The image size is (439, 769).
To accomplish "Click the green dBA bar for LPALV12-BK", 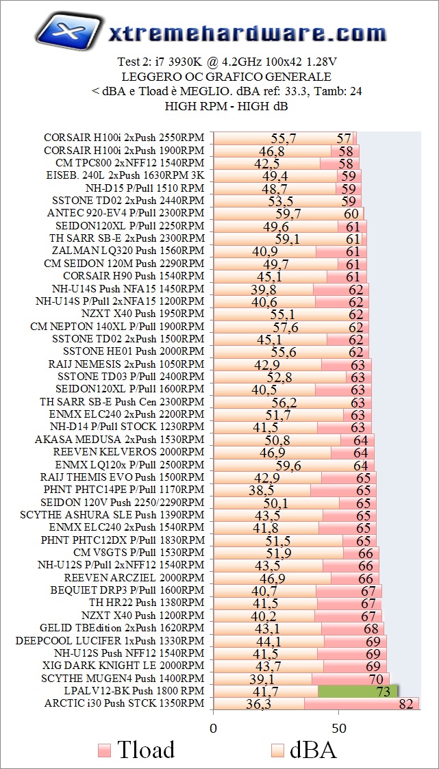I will point(358,690).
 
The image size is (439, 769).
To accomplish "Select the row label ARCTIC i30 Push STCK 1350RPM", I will point(124,703).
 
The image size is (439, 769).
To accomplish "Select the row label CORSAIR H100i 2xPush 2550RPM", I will point(124,138).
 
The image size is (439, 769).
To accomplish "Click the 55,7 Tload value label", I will point(284,138).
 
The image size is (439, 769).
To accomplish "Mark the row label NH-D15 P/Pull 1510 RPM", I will point(145,188).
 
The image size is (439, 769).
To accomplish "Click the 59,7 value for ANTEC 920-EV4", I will point(288,214).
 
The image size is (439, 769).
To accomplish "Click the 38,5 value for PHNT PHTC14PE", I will point(261,490).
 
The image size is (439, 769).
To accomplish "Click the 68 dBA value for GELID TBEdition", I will point(371,629).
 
